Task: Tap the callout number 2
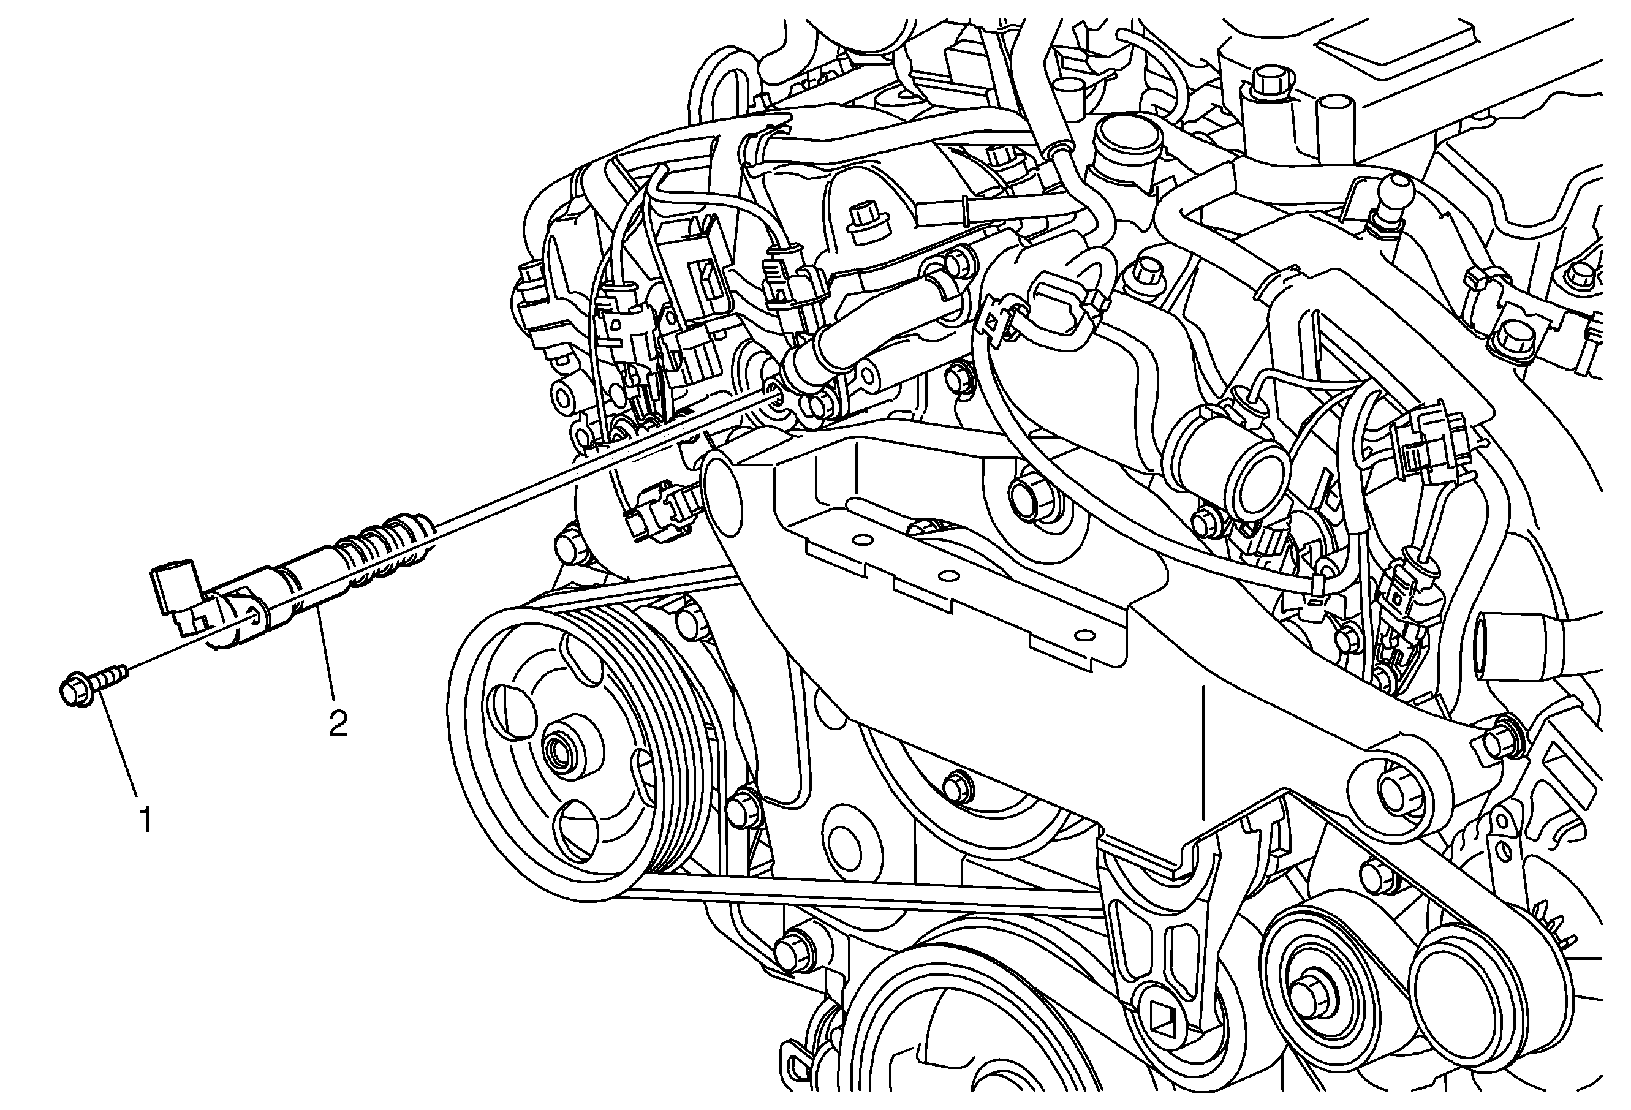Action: coord(338,723)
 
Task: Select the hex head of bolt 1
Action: coord(74,690)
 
